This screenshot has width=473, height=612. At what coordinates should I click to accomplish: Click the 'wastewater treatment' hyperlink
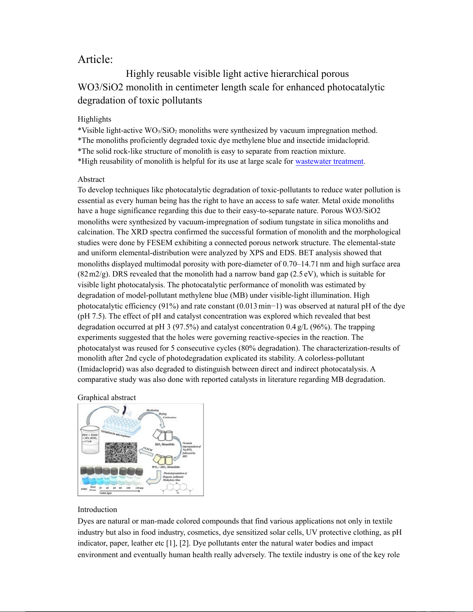point(329,161)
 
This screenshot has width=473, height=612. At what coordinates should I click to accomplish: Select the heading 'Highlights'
point(94,119)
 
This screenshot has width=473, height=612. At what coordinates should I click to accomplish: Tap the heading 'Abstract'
point(91,180)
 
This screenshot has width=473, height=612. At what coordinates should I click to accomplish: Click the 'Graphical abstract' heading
point(107,398)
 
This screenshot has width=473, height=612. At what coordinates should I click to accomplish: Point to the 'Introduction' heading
point(97,510)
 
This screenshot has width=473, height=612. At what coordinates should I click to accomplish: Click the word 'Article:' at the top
point(95,59)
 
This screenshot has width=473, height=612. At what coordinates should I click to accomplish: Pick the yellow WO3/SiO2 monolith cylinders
point(163,459)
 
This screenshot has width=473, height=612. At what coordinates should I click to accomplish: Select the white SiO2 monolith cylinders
point(163,436)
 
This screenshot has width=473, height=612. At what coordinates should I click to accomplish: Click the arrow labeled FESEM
point(146,451)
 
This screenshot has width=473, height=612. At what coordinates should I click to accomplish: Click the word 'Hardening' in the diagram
point(153,410)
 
